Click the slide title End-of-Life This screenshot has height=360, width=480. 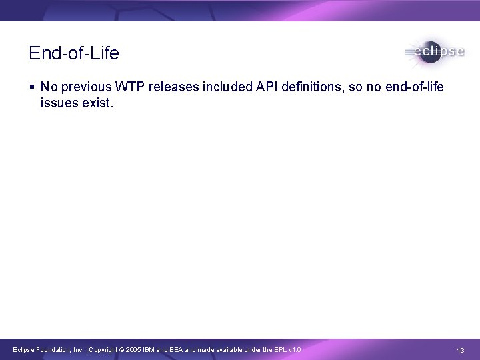click(74, 53)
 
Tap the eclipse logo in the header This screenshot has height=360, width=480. click(433, 52)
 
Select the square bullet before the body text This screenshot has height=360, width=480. click(33, 87)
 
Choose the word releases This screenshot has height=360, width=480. click(167, 87)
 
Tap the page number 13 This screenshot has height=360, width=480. click(461, 350)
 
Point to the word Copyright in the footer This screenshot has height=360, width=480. click(105, 350)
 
